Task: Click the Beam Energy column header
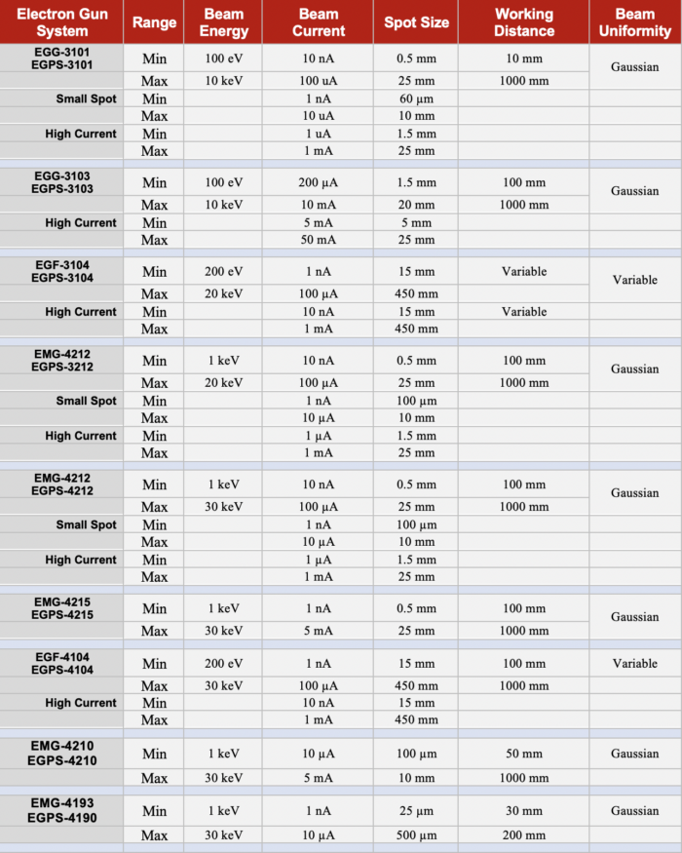click(223, 22)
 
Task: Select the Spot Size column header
click(415, 22)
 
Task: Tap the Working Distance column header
click(523, 22)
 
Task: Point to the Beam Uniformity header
click(634, 22)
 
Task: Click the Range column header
click(154, 22)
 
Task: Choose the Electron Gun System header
click(61, 22)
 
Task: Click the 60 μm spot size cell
click(415, 98)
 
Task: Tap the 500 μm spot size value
click(415, 835)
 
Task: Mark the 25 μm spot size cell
click(415, 811)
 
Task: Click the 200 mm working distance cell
click(523, 835)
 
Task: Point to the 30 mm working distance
click(523, 811)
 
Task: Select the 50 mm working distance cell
click(523, 754)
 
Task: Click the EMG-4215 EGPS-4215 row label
click(61, 608)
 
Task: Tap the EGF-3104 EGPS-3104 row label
click(61, 271)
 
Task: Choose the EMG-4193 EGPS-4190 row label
click(61, 810)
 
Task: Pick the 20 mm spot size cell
click(415, 205)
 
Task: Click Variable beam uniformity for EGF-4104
click(634, 664)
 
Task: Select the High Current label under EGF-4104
click(81, 703)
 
